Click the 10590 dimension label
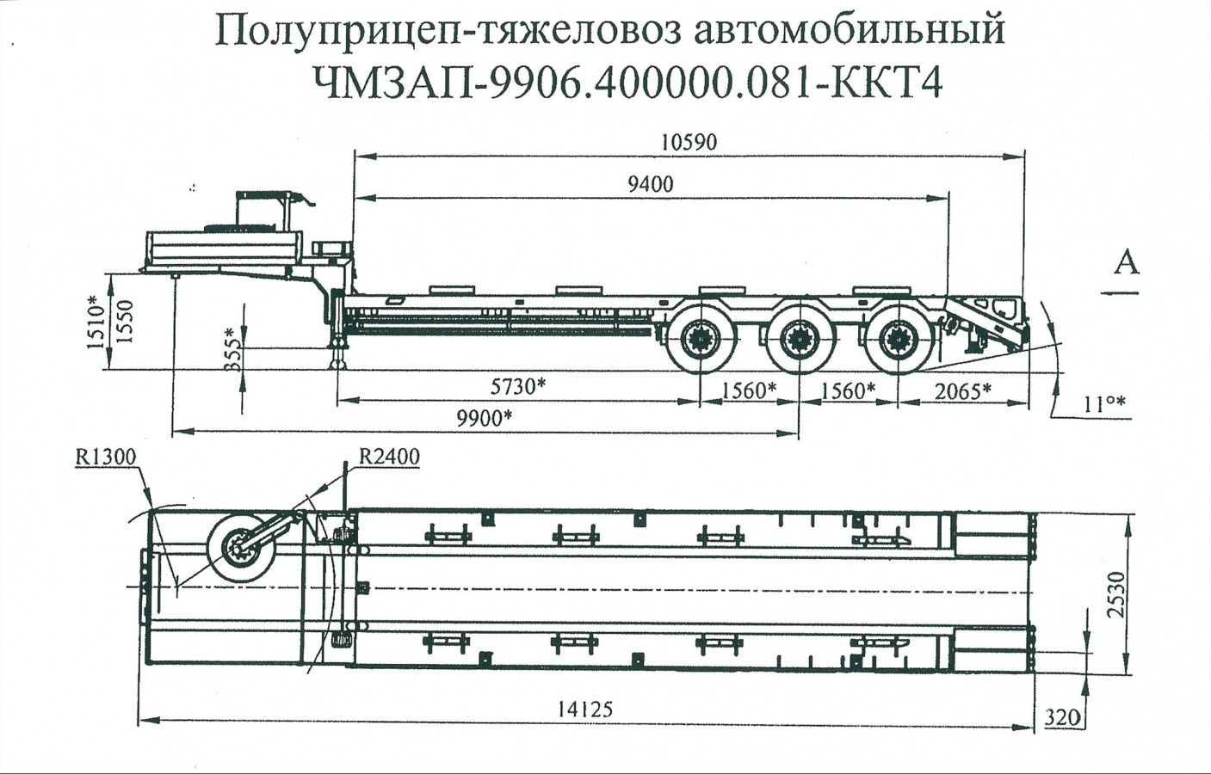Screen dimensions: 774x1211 689,142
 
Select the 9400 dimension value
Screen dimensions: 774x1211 651,183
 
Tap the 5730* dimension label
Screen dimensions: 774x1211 517,386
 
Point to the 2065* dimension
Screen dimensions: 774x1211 962,391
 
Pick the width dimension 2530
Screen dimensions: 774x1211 1116,593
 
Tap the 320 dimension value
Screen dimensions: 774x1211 1062,716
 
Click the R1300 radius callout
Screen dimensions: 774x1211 105,457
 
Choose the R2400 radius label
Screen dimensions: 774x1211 389,457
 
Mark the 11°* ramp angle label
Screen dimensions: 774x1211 1104,403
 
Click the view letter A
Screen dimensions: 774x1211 1126,261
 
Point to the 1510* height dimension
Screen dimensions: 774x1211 95,322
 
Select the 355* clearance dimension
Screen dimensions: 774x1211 231,348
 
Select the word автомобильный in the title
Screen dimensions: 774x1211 848,31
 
